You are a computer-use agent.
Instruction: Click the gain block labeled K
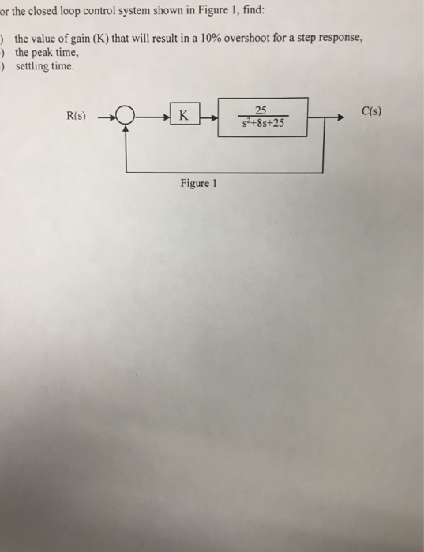click(x=185, y=114)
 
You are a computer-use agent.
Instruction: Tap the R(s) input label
click(x=76, y=115)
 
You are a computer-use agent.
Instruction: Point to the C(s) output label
click(x=371, y=111)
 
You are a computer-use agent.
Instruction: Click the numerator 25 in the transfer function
click(x=261, y=110)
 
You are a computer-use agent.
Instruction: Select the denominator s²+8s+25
click(x=263, y=123)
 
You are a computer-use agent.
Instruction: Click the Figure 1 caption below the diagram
click(x=199, y=183)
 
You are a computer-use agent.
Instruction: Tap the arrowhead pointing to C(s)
click(x=340, y=117)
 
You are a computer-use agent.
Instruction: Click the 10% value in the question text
click(x=211, y=38)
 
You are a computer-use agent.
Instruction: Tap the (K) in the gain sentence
click(x=101, y=39)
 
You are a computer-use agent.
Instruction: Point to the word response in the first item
click(x=340, y=38)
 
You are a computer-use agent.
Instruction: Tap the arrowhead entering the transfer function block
click(x=214, y=118)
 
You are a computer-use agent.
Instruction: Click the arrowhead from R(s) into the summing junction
click(x=112, y=117)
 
